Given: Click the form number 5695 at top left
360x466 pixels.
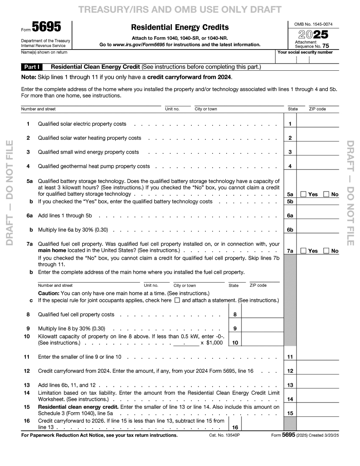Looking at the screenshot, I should [47, 28].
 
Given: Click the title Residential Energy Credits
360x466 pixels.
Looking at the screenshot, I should [180, 27].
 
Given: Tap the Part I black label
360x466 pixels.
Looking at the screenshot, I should [32, 67].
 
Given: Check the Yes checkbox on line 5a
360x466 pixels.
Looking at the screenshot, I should [304, 194].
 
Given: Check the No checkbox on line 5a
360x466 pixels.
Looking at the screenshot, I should [326, 194].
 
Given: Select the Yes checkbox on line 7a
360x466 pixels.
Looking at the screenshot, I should [304, 251].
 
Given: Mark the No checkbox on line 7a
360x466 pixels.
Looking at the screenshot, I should [326, 251].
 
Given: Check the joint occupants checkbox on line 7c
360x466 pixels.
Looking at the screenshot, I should [177, 300].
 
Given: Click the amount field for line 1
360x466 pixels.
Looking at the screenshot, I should [318, 124].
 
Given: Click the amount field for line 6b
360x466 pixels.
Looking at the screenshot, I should [318, 230].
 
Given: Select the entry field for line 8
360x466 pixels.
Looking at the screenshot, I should [262, 314].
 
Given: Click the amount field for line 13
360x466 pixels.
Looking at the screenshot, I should [318, 385].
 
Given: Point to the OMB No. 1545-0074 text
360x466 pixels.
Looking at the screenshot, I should [313, 25].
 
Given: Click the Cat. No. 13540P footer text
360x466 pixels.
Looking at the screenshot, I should [224, 435].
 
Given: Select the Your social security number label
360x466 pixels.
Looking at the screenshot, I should [305, 53].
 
